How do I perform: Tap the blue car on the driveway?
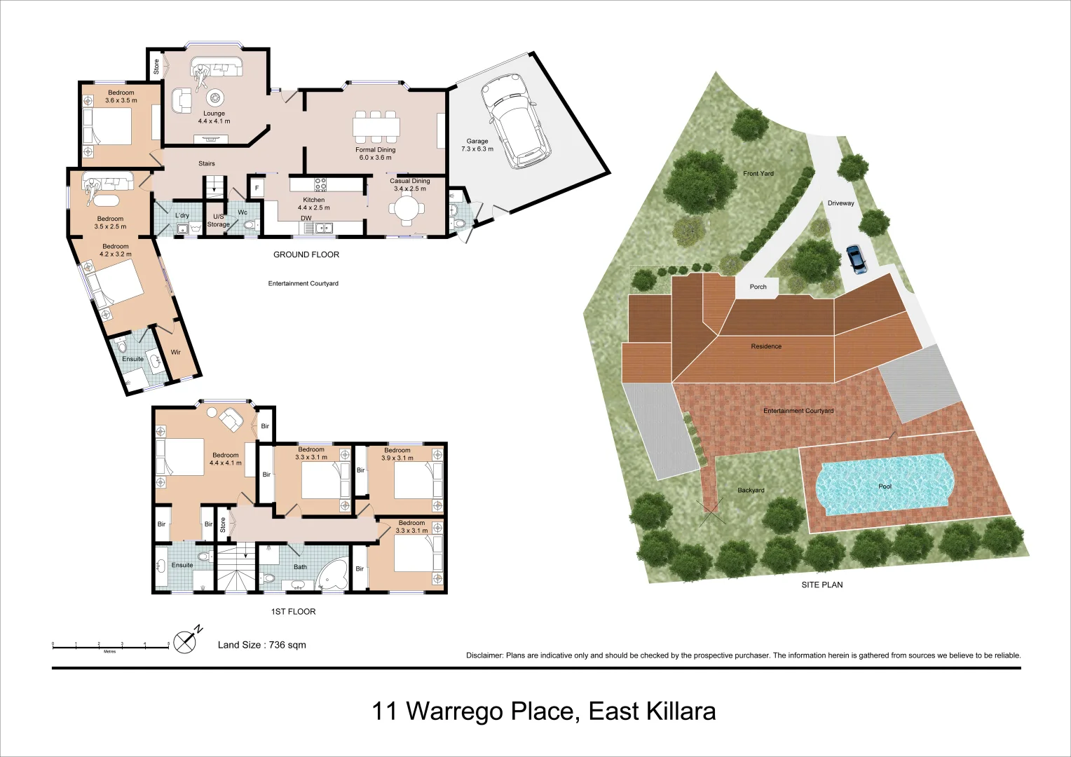click(x=856, y=259)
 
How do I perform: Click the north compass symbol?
click(x=185, y=641)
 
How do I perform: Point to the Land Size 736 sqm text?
click(x=261, y=645)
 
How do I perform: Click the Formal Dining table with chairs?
click(x=376, y=127)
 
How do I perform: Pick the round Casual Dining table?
click(x=407, y=208)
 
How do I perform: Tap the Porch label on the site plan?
click(x=758, y=287)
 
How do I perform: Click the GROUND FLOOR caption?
click(x=306, y=254)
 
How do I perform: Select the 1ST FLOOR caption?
click(x=293, y=611)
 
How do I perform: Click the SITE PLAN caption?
click(x=822, y=585)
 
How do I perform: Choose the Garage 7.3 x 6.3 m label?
click(x=477, y=145)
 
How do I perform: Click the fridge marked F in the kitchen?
click(x=257, y=189)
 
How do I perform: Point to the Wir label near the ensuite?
click(x=175, y=353)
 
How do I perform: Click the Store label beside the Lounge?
click(x=156, y=67)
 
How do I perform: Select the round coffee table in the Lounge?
click(x=214, y=96)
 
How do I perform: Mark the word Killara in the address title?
click(x=679, y=711)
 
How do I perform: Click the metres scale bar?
click(x=110, y=646)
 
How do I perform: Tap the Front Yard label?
click(x=758, y=173)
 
